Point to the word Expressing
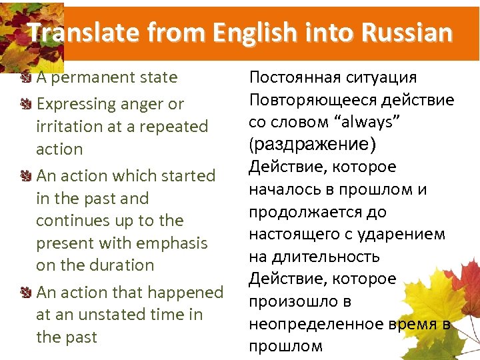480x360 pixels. pos(73,104)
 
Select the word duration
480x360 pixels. pos(116,265)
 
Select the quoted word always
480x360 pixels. pos(341,123)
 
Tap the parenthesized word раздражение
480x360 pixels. pos(313,145)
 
